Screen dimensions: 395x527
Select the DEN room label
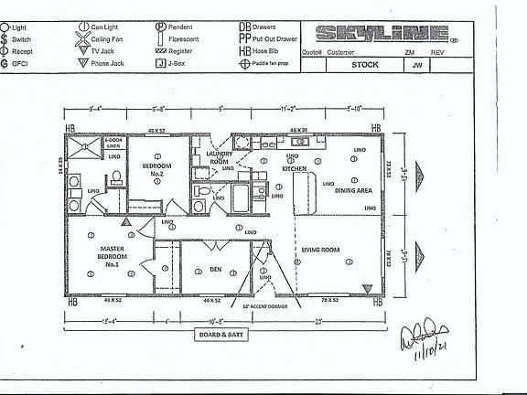pos(214,268)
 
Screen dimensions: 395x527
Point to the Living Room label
pos(321,249)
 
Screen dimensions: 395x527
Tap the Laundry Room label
pos(220,158)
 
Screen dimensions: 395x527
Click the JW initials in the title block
pos(416,64)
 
